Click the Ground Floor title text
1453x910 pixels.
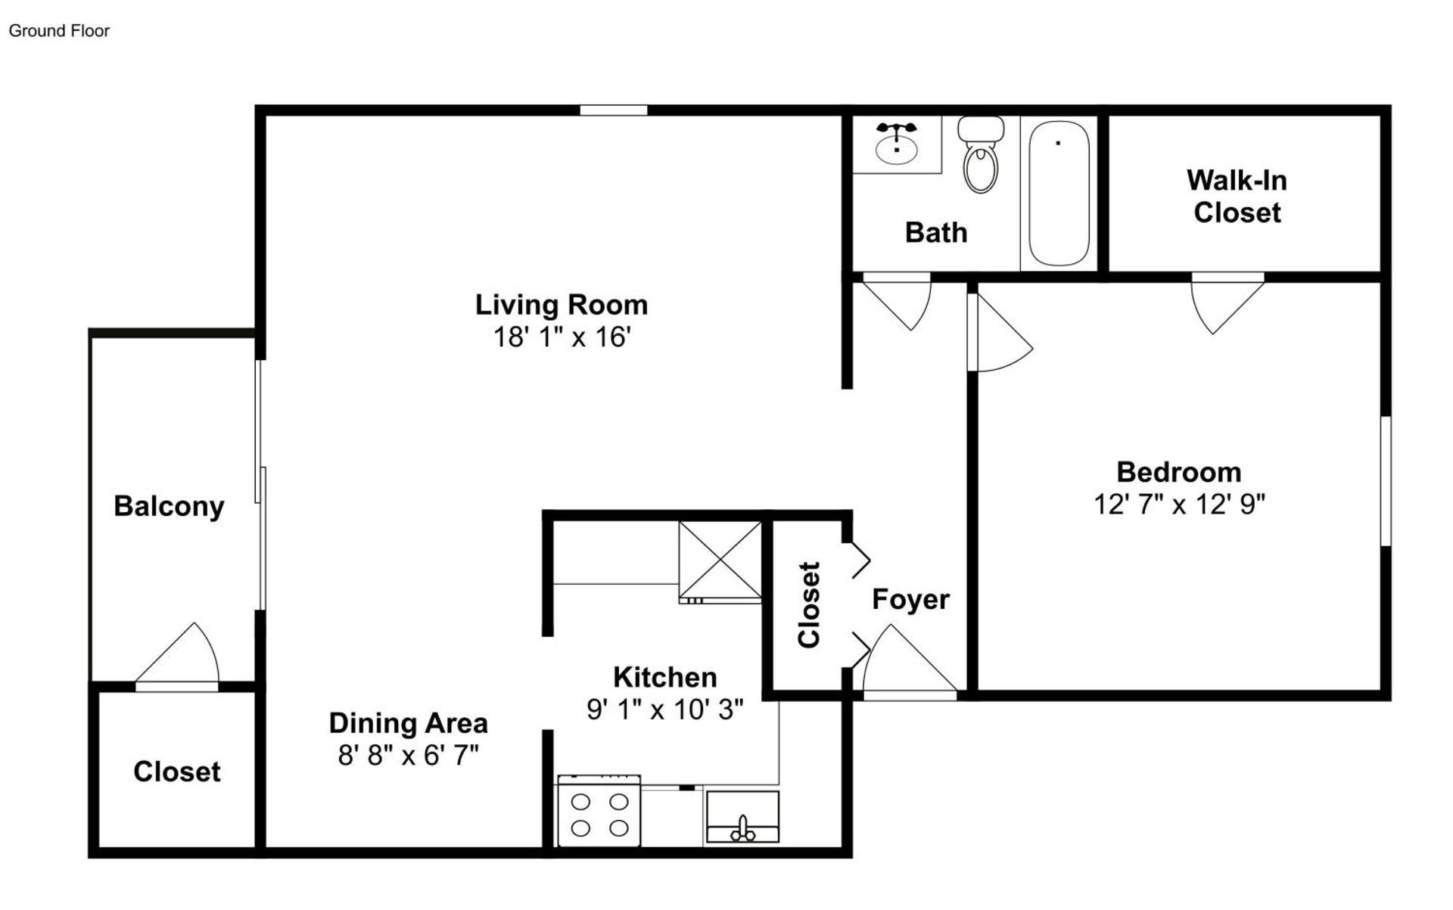59,31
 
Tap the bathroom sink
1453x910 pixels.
897,147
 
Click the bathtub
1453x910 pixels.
1059,194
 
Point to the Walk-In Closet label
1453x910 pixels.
1237,197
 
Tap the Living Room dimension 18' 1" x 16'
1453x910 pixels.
562,337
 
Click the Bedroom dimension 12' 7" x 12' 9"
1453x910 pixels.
1178,505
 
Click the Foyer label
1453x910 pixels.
910,600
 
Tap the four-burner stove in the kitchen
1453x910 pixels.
599,813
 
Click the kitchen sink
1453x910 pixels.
742,818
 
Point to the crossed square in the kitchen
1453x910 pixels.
720,561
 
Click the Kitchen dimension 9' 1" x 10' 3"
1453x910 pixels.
664,710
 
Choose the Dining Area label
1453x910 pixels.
408,723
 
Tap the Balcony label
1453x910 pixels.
169,506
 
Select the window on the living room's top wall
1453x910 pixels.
613,110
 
